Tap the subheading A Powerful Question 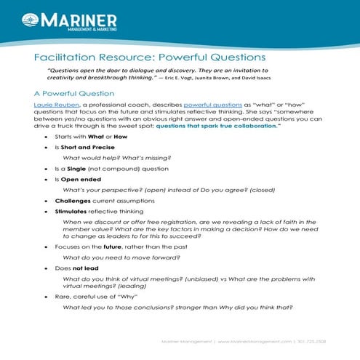coord(73,93)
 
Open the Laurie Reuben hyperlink coord(55,105)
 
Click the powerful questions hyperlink coord(208,105)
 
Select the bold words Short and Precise coord(84,146)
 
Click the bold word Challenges coord(73,199)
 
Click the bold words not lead coord(84,268)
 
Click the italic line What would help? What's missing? coord(120,157)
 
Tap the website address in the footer coord(255,341)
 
